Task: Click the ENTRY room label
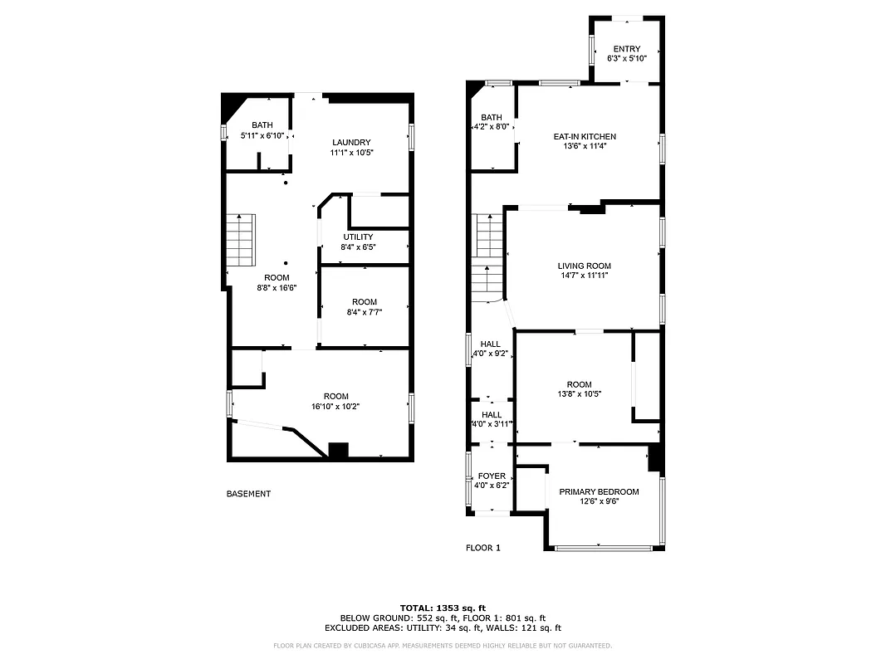pyautogui.click(x=627, y=49)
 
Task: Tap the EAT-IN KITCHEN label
pyautogui.click(x=585, y=136)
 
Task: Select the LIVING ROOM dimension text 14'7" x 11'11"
pyautogui.click(x=585, y=276)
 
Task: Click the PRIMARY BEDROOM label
pyautogui.click(x=599, y=491)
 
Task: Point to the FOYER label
pyautogui.click(x=492, y=476)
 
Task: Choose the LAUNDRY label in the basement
pyautogui.click(x=350, y=142)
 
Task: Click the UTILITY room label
pyautogui.click(x=358, y=237)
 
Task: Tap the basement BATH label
pyautogui.click(x=262, y=125)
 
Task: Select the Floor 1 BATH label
pyautogui.click(x=492, y=118)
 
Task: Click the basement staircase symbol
pyautogui.click(x=240, y=239)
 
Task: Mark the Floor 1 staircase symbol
pyautogui.click(x=488, y=257)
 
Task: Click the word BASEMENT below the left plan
pyautogui.click(x=248, y=494)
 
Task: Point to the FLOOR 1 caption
pyautogui.click(x=482, y=548)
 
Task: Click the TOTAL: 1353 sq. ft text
pyautogui.click(x=443, y=608)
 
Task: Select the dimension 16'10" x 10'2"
pyautogui.click(x=335, y=407)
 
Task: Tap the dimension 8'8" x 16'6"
pyautogui.click(x=277, y=287)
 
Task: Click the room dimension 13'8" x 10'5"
pyautogui.click(x=579, y=394)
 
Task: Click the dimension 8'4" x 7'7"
pyautogui.click(x=364, y=312)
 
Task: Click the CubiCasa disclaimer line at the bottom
pyautogui.click(x=443, y=645)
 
